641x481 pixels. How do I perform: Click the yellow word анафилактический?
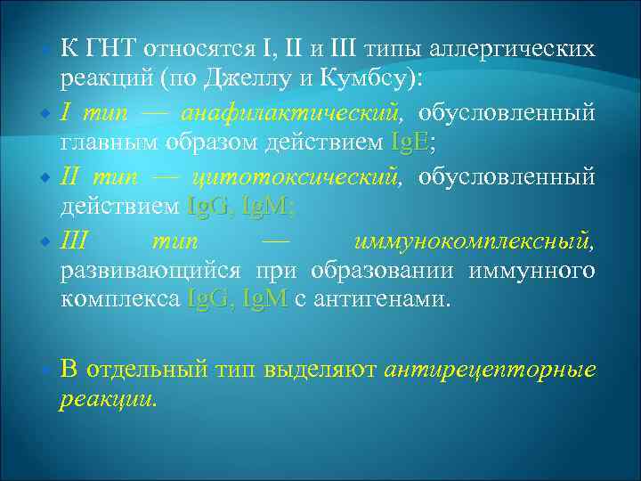(x=289, y=113)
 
